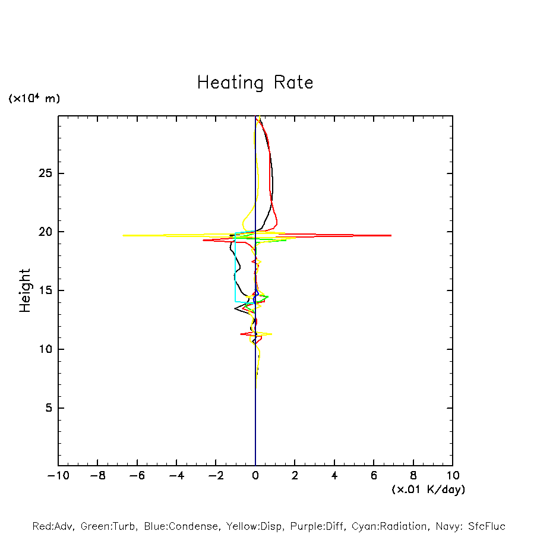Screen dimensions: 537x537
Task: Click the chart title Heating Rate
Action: pyautogui.click(x=255, y=83)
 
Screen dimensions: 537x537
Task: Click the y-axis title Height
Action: pyautogui.click(x=25, y=290)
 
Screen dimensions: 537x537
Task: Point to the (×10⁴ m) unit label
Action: pyautogui.click(x=34, y=99)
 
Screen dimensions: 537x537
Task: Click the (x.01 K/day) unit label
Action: pyautogui.click(x=428, y=489)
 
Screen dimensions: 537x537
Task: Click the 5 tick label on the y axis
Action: pyautogui.click(x=48, y=408)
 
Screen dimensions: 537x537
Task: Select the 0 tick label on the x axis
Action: pyautogui.click(x=255, y=476)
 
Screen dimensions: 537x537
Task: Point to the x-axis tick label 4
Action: pyautogui.click(x=334, y=476)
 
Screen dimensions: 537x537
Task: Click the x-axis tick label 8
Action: pyautogui.click(x=413, y=476)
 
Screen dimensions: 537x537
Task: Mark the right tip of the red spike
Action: pyautogui.click(x=391, y=236)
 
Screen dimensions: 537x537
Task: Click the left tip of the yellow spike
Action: pyautogui.click(x=123, y=236)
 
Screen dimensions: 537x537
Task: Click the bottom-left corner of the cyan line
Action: pyautogui.click(x=236, y=301)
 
